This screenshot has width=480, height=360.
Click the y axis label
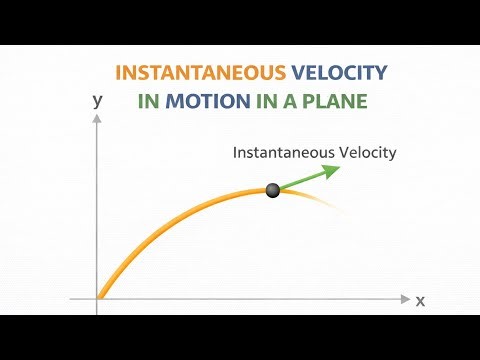pyautogui.click(x=97, y=100)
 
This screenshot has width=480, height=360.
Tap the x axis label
pyautogui.click(x=420, y=300)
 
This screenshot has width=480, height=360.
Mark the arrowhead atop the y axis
pyautogui.click(x=97, y=119)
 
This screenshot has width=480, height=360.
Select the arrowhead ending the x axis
pyautogui.click(x=405, y=299)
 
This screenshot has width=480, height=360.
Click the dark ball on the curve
pyautogui.click(x=272, y=190)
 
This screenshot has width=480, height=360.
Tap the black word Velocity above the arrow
pyautogui.click(x=367, y=153)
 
